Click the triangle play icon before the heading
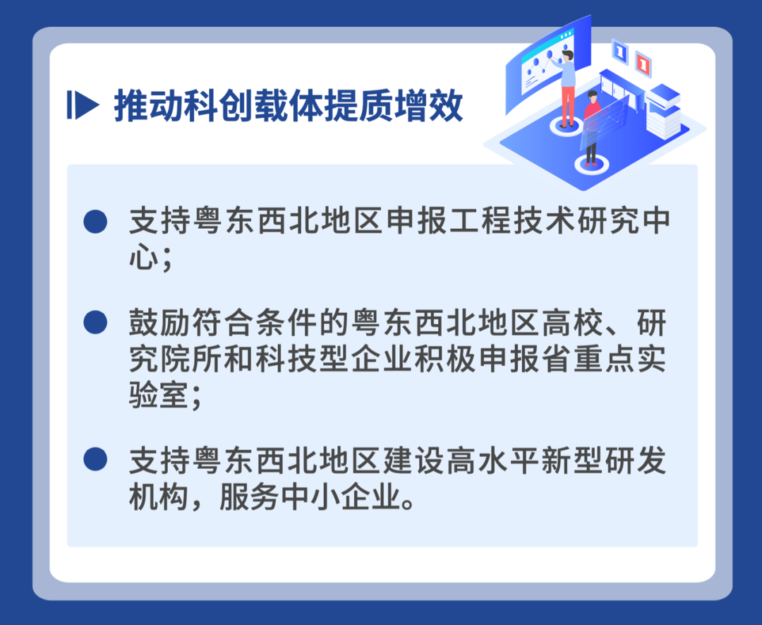coord(83,106)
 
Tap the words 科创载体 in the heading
coord(253,107)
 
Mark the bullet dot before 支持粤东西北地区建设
coord(95,460)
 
